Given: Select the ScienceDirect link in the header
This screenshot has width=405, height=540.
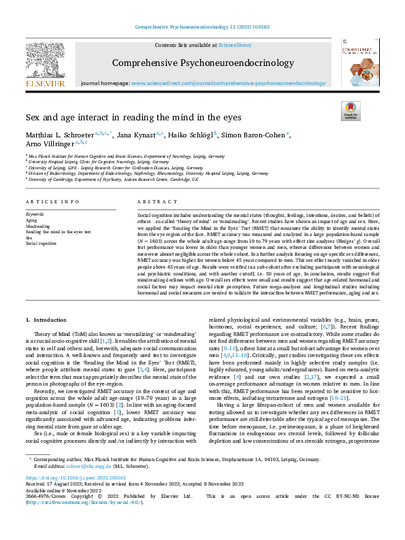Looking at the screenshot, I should pyautogui.click(x=234, y=44).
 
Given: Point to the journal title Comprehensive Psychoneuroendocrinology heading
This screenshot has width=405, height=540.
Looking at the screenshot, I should pyautogui.click(x=202, y=65).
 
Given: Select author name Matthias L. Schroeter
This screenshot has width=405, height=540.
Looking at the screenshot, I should pyautogui.click(x=65, y=135).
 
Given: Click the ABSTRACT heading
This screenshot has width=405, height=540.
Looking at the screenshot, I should pyautogui.click(x=153, y=203).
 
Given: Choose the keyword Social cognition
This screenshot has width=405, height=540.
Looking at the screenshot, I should pyautogui.click(x=42, y=243).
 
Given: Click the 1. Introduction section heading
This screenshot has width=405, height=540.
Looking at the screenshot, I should pyautogui.click(x=48, y=319).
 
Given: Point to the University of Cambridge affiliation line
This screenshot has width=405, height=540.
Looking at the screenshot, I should pyautogui.click(x=113, y=180).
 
